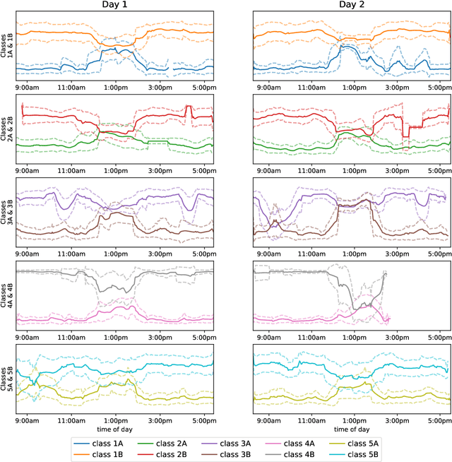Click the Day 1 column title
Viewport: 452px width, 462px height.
116,6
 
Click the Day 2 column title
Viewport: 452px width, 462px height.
352,6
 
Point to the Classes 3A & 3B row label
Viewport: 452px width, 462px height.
6,212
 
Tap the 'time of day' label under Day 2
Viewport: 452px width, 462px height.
352,428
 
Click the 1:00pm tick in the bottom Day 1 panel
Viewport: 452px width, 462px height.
116,420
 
